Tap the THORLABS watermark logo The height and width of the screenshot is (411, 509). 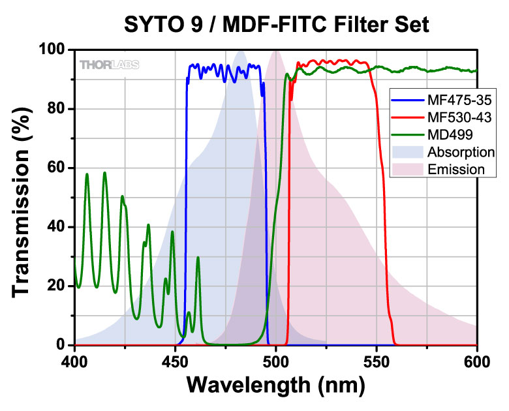[x=109, y=64]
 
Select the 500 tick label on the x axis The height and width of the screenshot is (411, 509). [x=276, y=360]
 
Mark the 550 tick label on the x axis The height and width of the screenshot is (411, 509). [x=377, y=360]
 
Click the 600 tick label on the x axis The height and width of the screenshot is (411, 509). [x=477, y=360]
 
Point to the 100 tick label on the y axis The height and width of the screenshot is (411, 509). [x=54, y=50]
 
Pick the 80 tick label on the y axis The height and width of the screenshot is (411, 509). [x=57, y=109]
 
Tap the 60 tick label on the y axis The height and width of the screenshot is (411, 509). [x=57, y=168]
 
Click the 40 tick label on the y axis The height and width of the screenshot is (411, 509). [x=57, y=227]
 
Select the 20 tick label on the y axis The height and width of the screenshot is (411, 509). [x=57, y=286]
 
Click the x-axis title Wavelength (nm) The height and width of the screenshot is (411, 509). [x=276, y=385]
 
